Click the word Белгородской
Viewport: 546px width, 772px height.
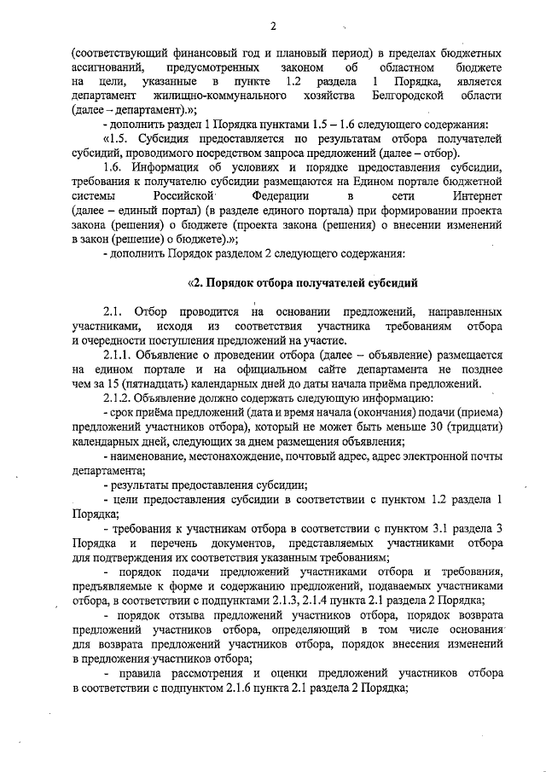408,96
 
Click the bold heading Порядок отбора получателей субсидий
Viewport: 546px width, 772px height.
308,282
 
